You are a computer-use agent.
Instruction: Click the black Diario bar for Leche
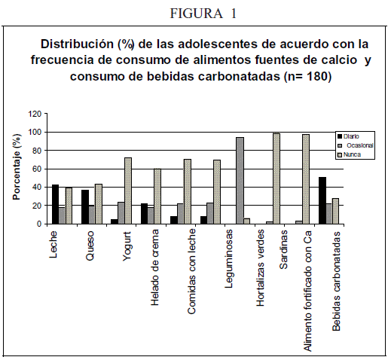55,204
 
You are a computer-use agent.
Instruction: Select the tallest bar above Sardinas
276,178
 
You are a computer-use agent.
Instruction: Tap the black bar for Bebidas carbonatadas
322,200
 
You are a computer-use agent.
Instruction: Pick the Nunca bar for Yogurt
128,191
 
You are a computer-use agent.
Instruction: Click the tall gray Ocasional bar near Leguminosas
240,181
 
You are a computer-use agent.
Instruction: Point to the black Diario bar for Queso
85,206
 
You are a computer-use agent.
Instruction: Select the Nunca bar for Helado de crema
157,196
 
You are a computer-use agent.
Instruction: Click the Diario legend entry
348,136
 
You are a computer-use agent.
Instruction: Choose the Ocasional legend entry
356,145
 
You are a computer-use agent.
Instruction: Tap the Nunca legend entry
350,154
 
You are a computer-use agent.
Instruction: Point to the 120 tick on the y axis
35,114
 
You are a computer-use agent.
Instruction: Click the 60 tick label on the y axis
37,169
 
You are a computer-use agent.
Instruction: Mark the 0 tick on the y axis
39,224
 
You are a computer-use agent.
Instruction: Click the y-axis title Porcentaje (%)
17,166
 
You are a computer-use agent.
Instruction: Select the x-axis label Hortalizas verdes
261,268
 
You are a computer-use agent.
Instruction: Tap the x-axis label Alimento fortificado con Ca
307,291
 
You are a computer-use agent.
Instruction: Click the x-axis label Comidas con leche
191,271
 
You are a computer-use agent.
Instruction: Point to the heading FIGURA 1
203,14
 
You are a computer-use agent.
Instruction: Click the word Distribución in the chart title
77,44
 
